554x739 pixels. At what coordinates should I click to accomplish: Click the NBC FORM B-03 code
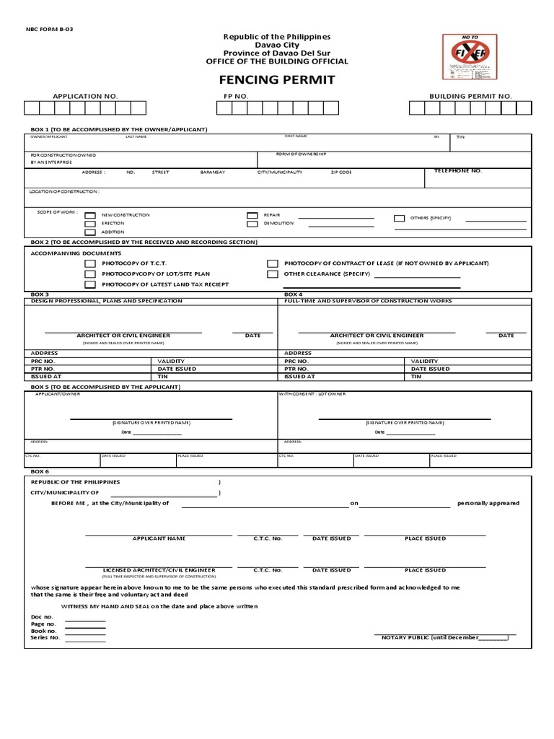tap(51, 29)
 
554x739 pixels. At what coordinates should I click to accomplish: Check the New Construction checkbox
tap(90, 216)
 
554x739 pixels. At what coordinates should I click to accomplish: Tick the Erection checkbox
tap(90, 224)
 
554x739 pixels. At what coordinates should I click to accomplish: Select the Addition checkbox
tap(90, 233)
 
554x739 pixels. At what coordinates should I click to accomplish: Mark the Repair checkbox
tap(252, 216)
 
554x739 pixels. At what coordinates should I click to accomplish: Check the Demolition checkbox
tap(252, 224)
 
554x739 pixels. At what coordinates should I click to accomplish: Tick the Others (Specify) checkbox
tap(399, 218)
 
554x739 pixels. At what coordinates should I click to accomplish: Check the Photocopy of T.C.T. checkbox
tap(90, 264)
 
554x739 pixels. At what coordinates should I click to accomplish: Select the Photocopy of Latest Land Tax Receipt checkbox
tap(90, 285)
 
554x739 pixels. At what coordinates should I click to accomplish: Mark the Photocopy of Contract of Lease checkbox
tap(273, 264)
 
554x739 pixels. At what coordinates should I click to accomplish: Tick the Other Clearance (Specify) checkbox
tap(273, 275)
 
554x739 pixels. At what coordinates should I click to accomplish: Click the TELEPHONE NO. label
tap(457, 171)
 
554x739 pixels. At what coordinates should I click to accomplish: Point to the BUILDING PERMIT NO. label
tap(470, 96)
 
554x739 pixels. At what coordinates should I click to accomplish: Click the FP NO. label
tap(236, 96)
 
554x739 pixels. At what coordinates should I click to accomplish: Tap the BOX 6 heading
tap(40, 471)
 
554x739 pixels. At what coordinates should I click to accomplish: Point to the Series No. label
tap(45, 638)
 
